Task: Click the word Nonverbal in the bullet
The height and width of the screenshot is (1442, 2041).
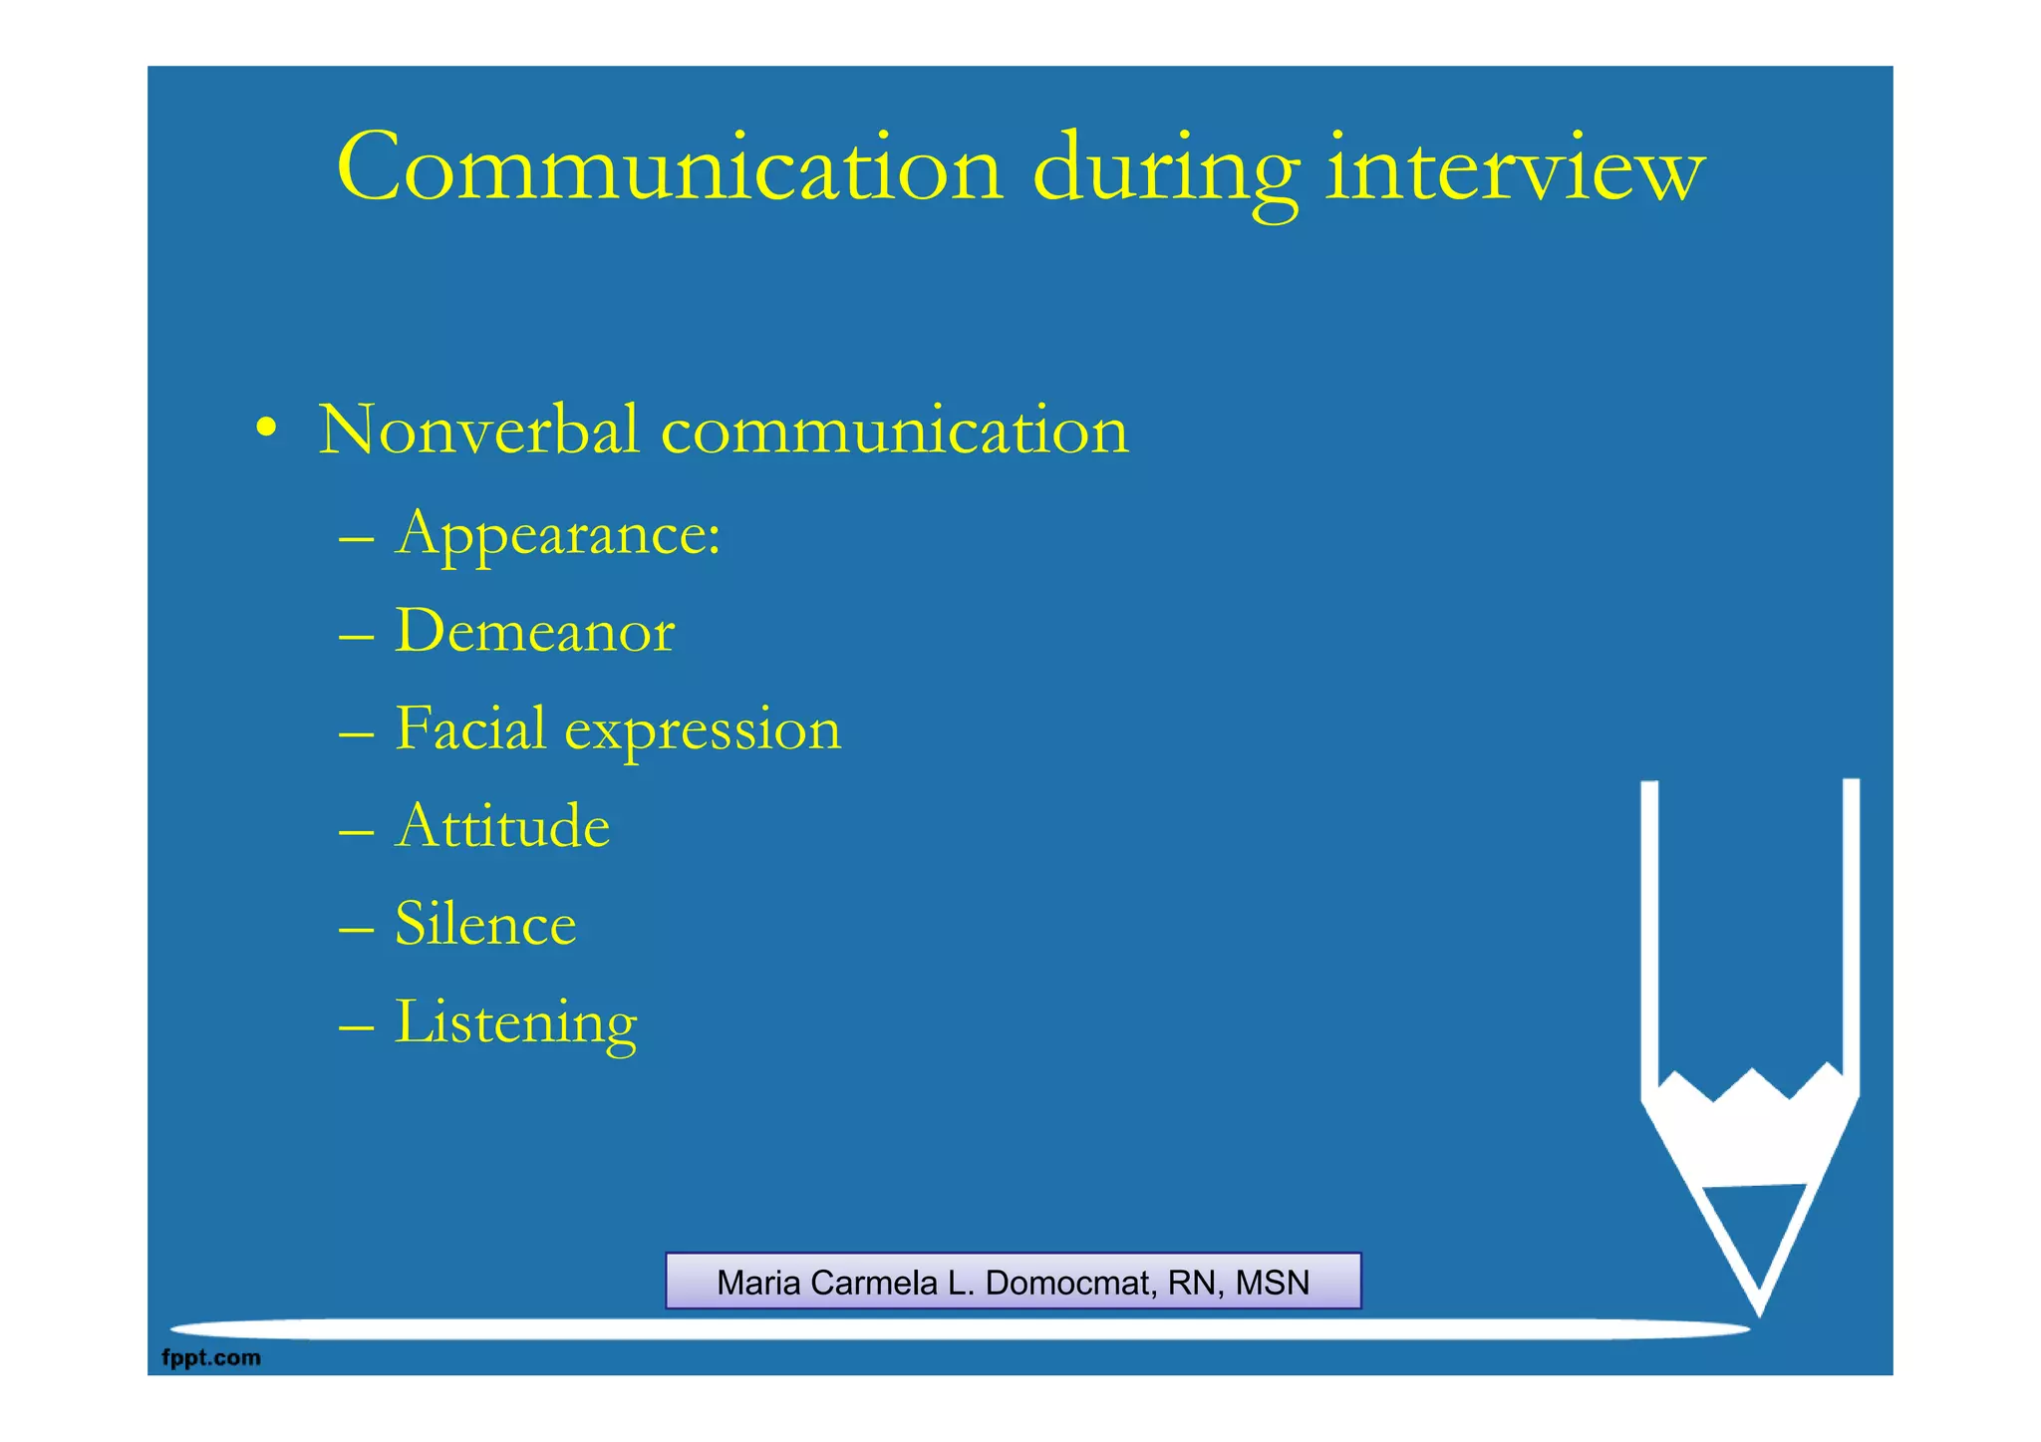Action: (x=478, y=431)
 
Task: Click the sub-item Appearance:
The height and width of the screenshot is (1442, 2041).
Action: (x=558, y=534)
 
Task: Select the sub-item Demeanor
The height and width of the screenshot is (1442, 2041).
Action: (x=535, y=632)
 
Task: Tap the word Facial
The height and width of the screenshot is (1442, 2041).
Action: (x=470, y=728)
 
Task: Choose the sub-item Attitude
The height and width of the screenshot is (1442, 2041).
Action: (x=502, y=826)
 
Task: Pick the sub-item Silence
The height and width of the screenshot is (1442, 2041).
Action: (x=485, y=924)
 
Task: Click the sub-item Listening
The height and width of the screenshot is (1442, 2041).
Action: (x=515, y=1023)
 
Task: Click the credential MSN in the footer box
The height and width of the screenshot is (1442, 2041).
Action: (x=1273, y=1283)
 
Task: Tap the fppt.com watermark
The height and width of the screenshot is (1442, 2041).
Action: (x=211, y=1357)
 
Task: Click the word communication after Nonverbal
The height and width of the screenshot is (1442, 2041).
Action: (x=895, y=431)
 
